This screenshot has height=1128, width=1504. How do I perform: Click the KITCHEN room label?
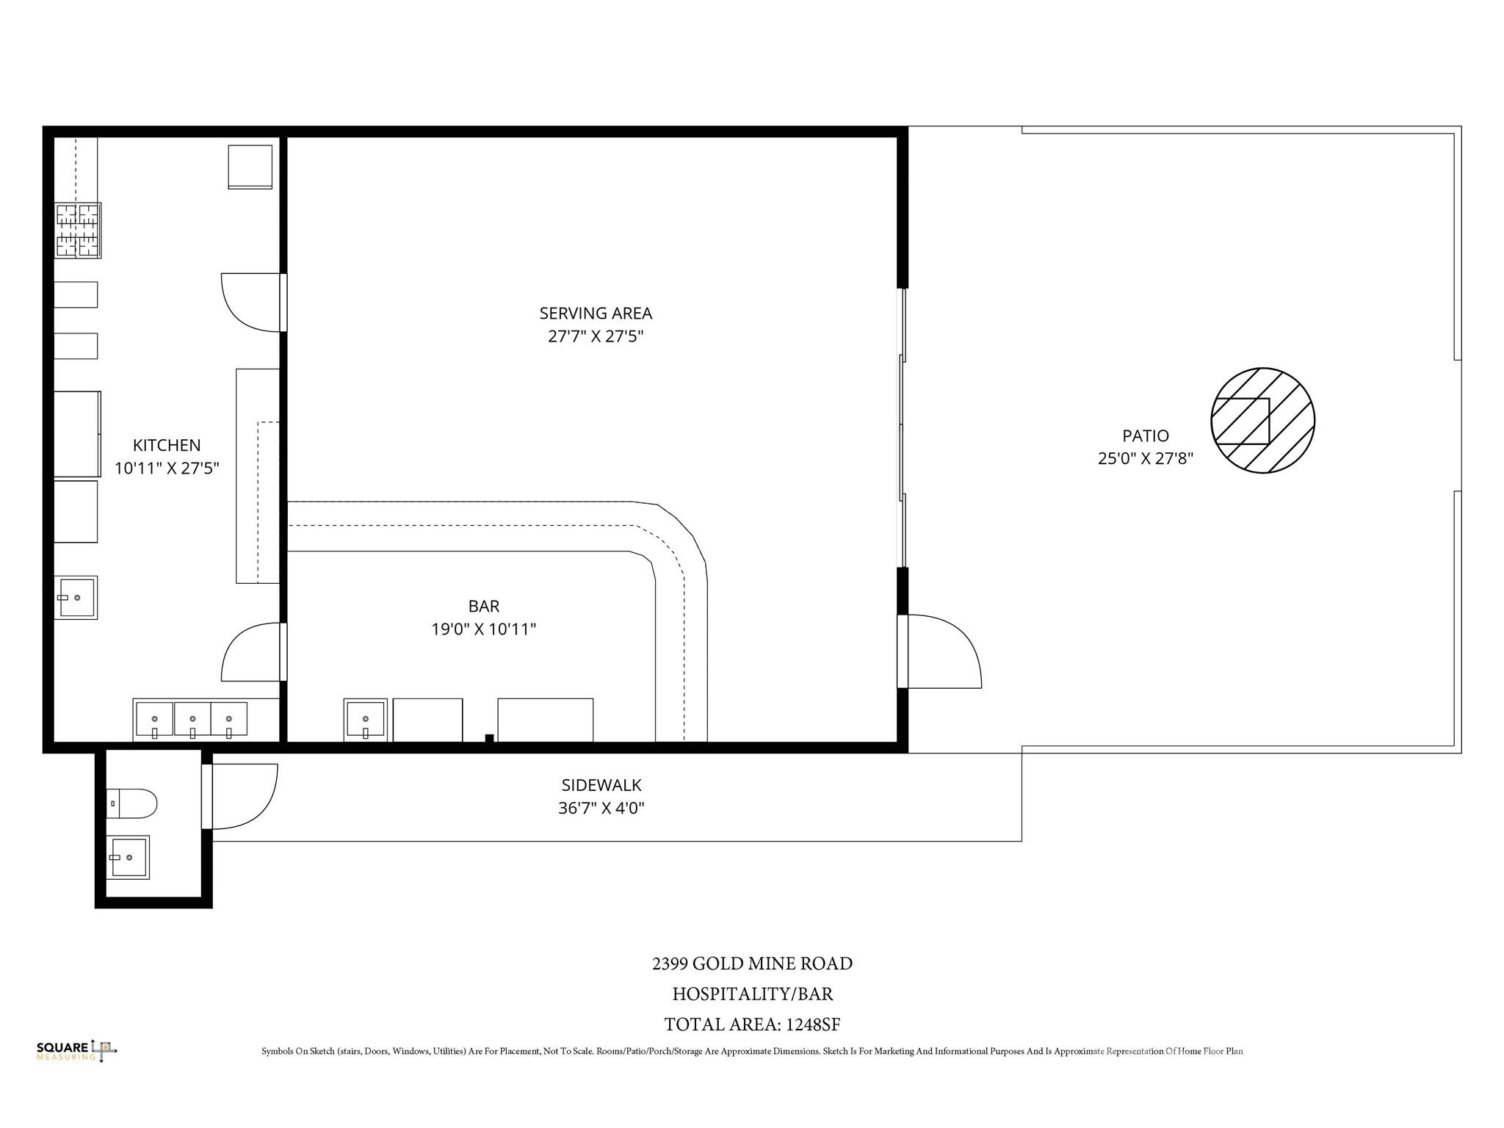pos(167,445)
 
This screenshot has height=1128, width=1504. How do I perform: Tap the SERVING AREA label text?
pos(596,314)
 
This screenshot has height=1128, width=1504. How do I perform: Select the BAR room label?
pos(484,606)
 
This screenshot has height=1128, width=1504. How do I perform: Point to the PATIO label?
pos(1146,435)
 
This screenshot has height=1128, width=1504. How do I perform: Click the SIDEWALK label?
pos(601,786)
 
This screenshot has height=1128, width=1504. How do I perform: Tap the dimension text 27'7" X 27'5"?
pos(596,336)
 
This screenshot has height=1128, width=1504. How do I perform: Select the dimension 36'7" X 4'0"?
pos(601,809)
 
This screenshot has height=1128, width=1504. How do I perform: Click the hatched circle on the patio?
pos(1262,420)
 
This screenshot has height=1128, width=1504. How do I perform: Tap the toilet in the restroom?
pos(132,804)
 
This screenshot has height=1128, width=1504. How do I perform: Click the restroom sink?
pos(129,857)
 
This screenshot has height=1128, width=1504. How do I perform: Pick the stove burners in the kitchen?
pos(79,230)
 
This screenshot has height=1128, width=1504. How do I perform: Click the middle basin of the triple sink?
pos(192,720)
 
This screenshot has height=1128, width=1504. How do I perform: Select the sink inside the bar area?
pos(366,720)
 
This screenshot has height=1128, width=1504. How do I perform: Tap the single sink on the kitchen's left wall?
pos(76,598)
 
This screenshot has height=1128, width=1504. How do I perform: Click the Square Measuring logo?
pos(76,1051)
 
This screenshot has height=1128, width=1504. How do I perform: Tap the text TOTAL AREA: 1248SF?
pos(753,1024)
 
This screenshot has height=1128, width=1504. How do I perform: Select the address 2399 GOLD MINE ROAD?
pos(753,963)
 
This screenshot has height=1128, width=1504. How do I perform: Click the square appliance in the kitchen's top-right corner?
pos(250,167)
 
